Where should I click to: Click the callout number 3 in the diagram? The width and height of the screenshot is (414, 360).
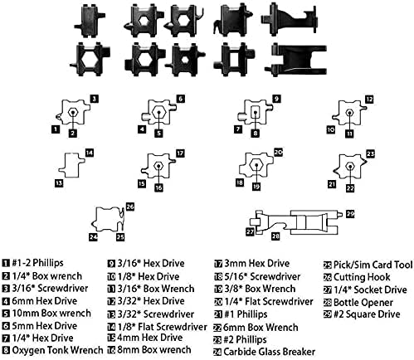(95, 99)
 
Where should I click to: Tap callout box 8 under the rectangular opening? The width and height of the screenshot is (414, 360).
(256, 134)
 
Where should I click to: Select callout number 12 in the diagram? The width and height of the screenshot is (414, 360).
(369, 100)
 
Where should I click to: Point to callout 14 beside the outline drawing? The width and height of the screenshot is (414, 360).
(90, 153)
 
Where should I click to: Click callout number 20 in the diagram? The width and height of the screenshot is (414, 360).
(278, 153)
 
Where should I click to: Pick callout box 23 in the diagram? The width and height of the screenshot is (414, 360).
(370, 153)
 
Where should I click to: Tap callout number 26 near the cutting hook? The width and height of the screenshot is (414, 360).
(130, 207)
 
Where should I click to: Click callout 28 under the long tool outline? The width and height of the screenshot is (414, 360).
(275, 236)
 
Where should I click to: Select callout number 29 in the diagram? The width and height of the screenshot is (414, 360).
(350, 214)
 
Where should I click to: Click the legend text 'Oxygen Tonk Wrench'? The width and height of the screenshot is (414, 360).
(57, 350)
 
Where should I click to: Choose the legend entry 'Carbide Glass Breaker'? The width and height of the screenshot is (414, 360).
(269, 352)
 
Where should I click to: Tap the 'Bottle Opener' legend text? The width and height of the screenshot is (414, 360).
(363, 303)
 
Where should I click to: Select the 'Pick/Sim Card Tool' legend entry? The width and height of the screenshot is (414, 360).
(373, 265)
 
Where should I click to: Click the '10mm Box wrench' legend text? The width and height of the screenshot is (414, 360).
(51, 313)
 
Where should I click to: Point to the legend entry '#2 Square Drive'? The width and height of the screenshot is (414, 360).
(367, 314)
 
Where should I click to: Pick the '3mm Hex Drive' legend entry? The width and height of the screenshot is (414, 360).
(256, 263)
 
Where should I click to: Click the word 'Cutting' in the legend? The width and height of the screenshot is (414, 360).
(348, 277)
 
